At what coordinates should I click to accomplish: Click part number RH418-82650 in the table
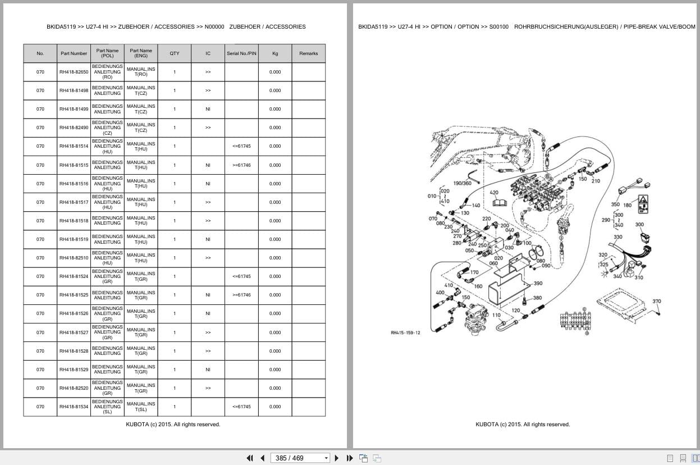(x=74, y=72)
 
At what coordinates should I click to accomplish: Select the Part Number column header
(x=74, y=53)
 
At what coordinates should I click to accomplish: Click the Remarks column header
(x=308, y=53)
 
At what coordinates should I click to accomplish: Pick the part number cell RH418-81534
(x=74, y=407)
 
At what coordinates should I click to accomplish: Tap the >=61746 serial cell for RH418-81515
(x=241, y=165)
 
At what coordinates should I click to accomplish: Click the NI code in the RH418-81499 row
(x=208, y=109)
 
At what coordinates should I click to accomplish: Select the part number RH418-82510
(x=74, y=258)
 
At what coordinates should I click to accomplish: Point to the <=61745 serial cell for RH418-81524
(x=241, y=276)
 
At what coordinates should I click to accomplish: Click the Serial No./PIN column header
(x=241, y=53)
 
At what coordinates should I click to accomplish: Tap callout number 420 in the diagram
(x=494, y=193)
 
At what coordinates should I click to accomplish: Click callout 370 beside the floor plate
(x=656, y=301)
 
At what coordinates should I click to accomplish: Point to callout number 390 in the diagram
(x=538, y=284)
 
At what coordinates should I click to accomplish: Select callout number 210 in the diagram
(x=596, y=181)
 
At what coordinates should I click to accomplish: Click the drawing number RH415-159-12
(x=405, y=332)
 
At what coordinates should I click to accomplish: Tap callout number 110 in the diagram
(x=496, y=315)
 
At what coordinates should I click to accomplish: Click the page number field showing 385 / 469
(x=297, y=458)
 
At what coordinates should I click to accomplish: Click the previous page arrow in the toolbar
(x=262, y=458)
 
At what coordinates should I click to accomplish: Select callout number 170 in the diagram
(x=474, y=272)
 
